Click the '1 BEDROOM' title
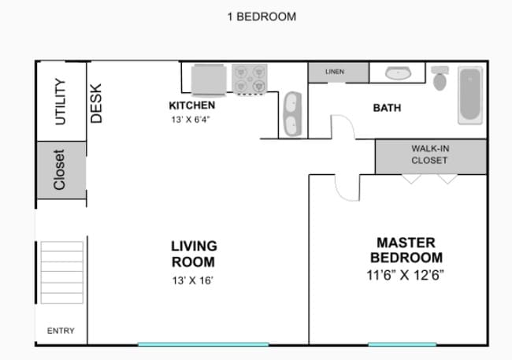pyautogui.click(x=262, y=17)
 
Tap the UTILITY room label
pyautogui.click(x=61, y=102)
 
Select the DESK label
pyautogui.click(x=96, y=103)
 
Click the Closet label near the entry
pyautogui.click(x=59, y=170)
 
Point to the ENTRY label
pyautogui.click(x=61, y=331)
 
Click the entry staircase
pyautogui.click(x=61, y=273)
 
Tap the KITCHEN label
pyautogui.click(x=192, y=106)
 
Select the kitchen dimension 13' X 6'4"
pyautogui.click(x=191, y=120)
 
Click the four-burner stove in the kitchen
pyautogui.click(x=250, y=79)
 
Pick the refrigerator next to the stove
pyautogui.click(x=209, y=80)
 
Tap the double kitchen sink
pyautogui.click(x=292, y=114)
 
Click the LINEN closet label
pyautogui.click(x=335, y=72)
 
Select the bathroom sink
pyautogui.click(x=398, y=72)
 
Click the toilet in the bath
pyautogui.click(x=440, y=79)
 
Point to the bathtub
pyautogui.click(x=470, y=95)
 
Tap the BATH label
pyautogui.click(x=387, y=108)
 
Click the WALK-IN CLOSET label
pyautogui.click(x=430, y=154)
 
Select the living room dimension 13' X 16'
pyautogui.click(x=193, y=280)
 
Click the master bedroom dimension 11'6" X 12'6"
pyautogui.click(x=405, y=275)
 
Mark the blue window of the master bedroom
pyautogui.click(x=403, y=344)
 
